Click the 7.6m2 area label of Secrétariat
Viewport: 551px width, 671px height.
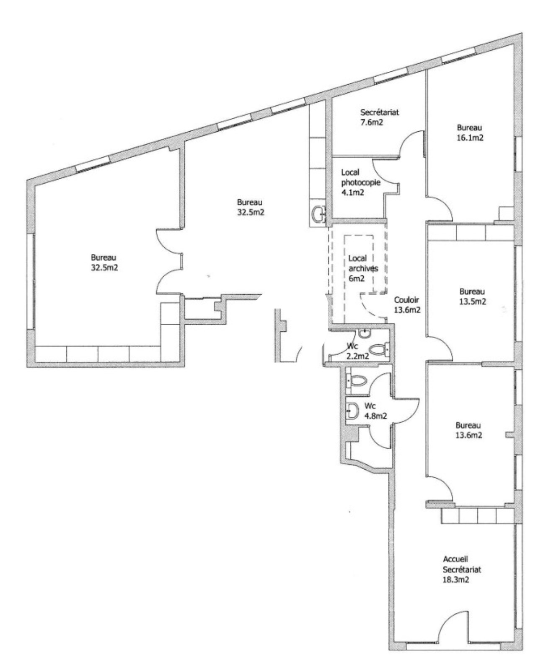pos(372,122)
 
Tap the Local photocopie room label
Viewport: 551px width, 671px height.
pos(360,182)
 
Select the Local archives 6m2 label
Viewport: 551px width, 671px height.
pos(363,268)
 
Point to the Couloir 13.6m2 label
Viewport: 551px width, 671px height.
pos(407,304)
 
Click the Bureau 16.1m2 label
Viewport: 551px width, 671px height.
pos(470,133)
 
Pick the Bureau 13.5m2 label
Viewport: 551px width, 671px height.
pos(473,296)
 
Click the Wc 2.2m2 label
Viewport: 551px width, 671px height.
pos(357,351)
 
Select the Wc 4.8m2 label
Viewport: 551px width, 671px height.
pos(375,411)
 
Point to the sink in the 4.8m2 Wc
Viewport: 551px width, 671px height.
pos(352,411)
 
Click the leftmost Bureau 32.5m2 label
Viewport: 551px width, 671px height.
pos(104,262)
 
